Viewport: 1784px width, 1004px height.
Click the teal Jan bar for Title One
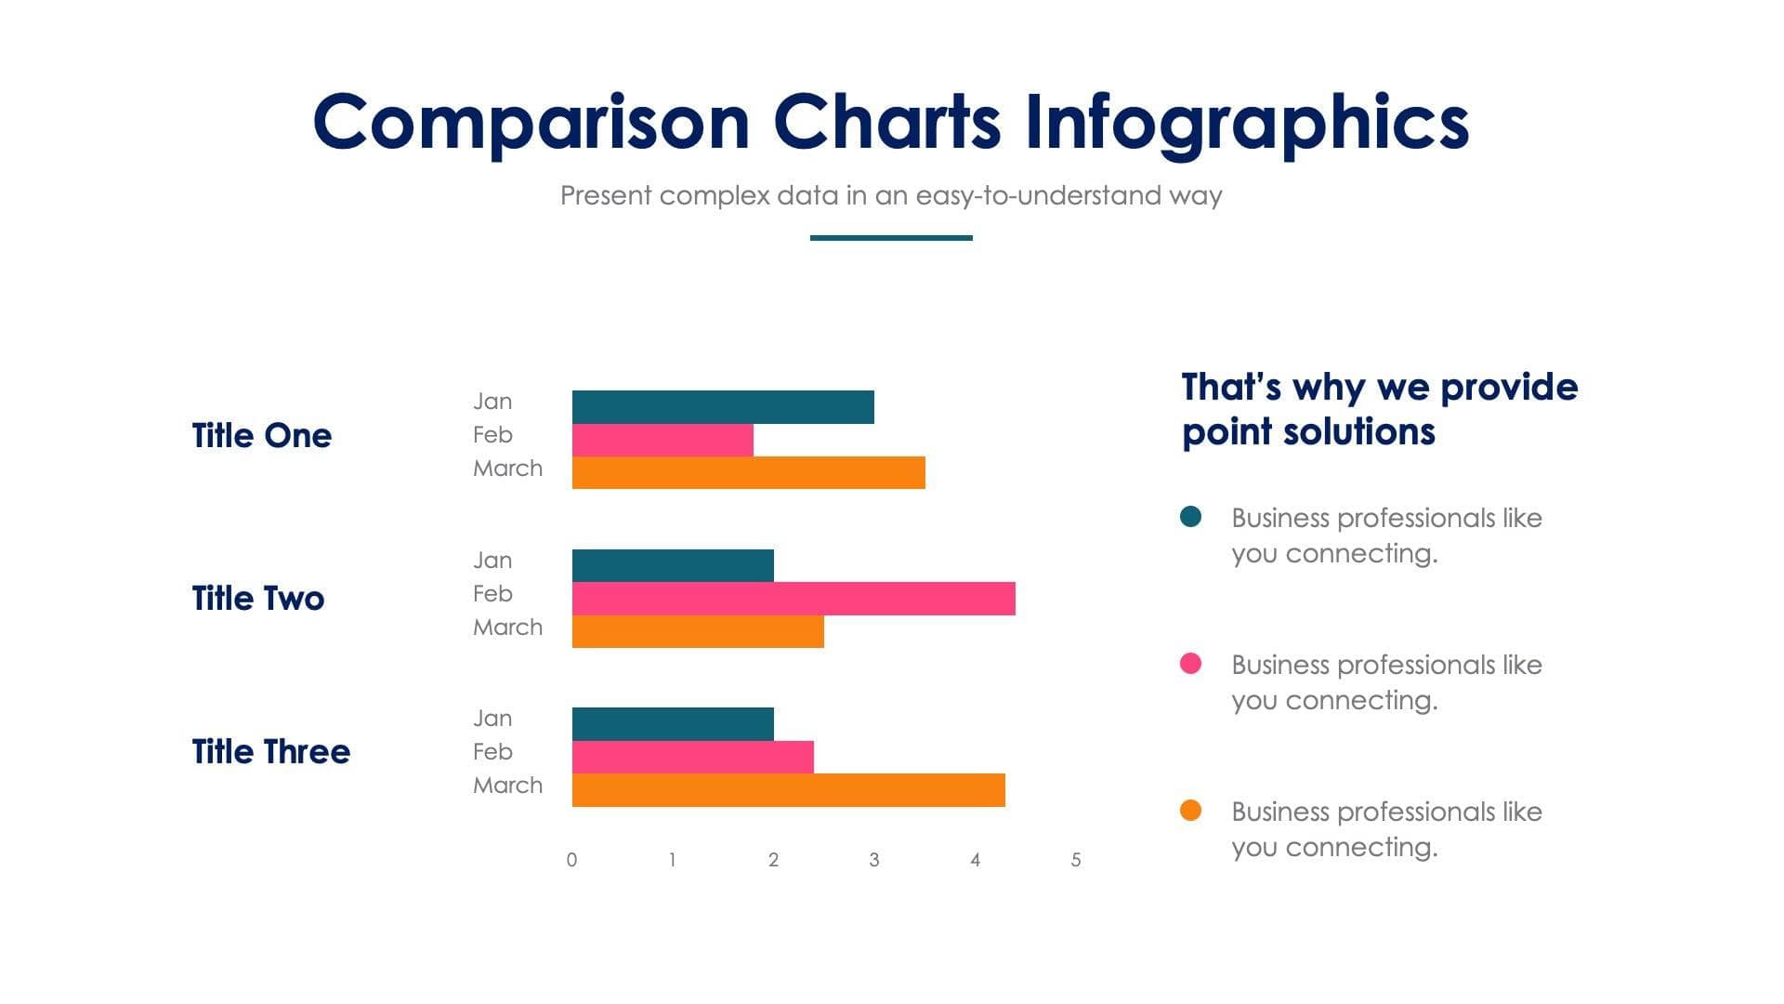[723, 407]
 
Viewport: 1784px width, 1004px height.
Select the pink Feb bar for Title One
[662, 441]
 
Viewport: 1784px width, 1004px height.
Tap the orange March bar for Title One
[748, 472]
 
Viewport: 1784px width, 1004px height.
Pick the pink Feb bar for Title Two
[794, 599]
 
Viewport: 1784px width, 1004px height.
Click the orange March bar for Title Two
[698, 632]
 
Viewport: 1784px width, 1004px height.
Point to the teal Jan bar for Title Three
[673, 724]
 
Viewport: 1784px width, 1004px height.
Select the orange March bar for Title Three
[788, 790]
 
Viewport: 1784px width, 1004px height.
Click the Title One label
[262, 435]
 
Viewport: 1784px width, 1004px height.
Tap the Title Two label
[258, 598]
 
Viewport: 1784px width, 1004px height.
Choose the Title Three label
[271, 751]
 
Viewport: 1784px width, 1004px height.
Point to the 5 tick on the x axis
[1076, 860]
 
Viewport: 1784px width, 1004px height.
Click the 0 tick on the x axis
[571, 860]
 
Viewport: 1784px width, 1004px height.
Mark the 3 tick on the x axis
[874, 860]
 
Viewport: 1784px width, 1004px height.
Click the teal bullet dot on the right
[1190, 517]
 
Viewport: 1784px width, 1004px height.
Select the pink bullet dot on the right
[1190, 664]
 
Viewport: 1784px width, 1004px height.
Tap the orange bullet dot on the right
[1190, 811]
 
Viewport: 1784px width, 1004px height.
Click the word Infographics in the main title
[1246, 123]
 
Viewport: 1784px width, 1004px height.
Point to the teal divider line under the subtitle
[891, 238]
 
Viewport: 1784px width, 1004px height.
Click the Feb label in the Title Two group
[492, 594]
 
